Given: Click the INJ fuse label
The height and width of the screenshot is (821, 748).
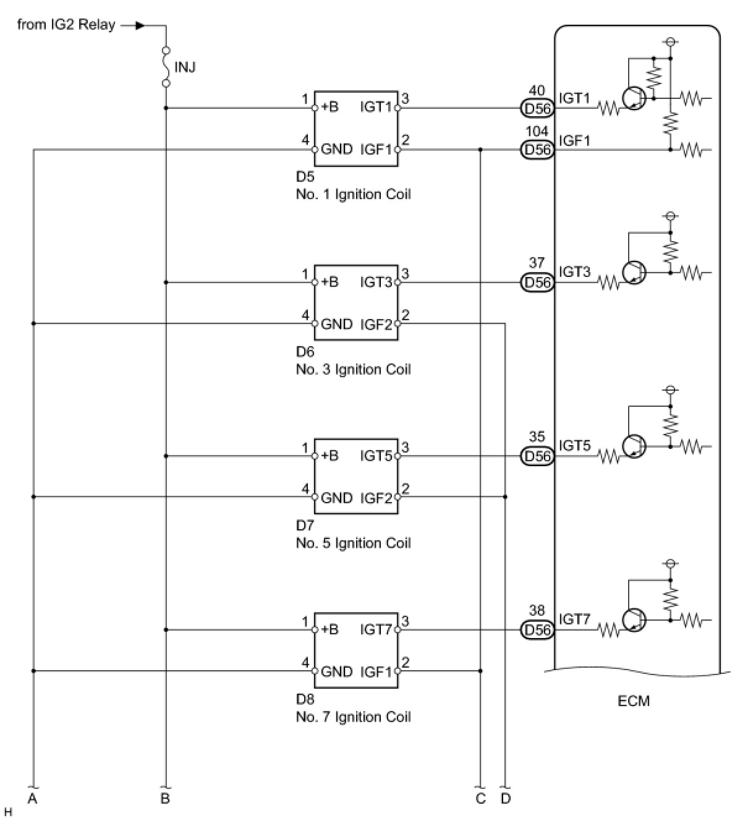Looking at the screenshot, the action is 185,67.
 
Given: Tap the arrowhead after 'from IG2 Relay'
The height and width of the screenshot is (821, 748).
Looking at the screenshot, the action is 140,26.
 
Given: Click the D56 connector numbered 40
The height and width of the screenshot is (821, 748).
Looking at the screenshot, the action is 537,108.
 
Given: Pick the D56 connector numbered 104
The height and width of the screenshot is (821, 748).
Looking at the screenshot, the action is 537,150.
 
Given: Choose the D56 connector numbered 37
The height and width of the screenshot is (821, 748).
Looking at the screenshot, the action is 537,283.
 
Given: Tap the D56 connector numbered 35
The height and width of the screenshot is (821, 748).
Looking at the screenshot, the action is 537,456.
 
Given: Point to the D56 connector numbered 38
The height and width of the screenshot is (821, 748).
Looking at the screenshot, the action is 537,630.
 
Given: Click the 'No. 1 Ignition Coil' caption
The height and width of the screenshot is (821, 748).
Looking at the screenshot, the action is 354,194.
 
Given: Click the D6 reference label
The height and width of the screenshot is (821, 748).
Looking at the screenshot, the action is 305,351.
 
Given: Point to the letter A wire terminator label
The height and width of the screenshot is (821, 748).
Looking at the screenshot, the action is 32,798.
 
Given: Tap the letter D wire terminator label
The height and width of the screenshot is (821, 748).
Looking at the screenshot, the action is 506,798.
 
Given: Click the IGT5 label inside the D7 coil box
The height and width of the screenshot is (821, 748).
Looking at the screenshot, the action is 376,456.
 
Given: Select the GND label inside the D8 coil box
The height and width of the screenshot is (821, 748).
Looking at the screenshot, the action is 337,671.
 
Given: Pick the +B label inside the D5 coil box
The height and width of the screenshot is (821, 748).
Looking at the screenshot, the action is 330,107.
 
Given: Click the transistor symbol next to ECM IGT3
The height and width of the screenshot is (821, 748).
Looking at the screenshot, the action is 634,273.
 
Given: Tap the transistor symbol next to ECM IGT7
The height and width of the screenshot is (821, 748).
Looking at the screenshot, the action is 634,619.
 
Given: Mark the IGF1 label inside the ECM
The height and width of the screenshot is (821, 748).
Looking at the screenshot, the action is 574,141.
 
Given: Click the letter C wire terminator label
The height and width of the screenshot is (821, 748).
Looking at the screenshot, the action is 481,798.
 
